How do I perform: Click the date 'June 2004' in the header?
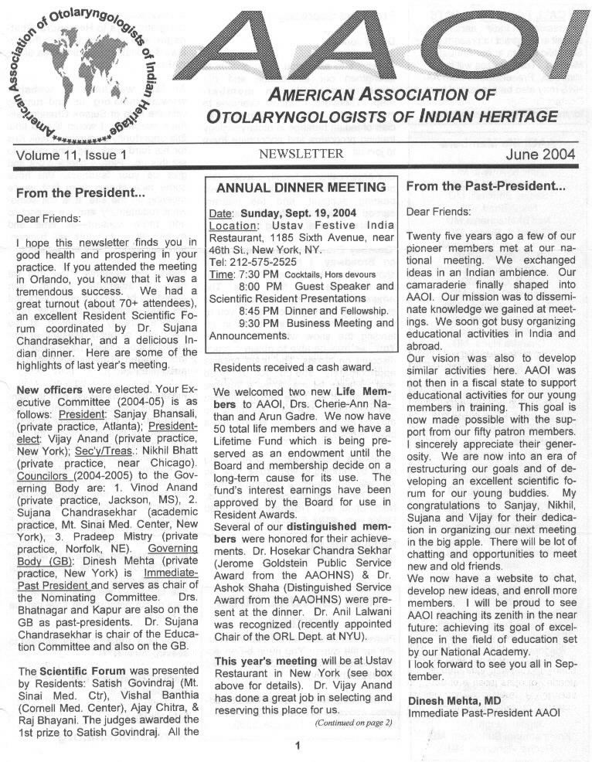click(x=541, y=155)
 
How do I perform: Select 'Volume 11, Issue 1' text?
click(x=70, y=155)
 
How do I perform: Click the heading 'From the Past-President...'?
click(x=485, y=186)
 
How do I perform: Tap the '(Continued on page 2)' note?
click(x=352, y=723)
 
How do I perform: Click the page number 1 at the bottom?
click(x=297, y=746)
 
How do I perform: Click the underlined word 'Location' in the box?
click(x=233, y=226)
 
